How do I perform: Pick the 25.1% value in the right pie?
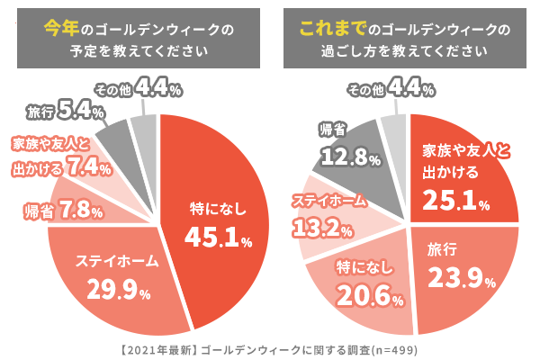(456, 199)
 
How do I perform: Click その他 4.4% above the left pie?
(139, 90)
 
